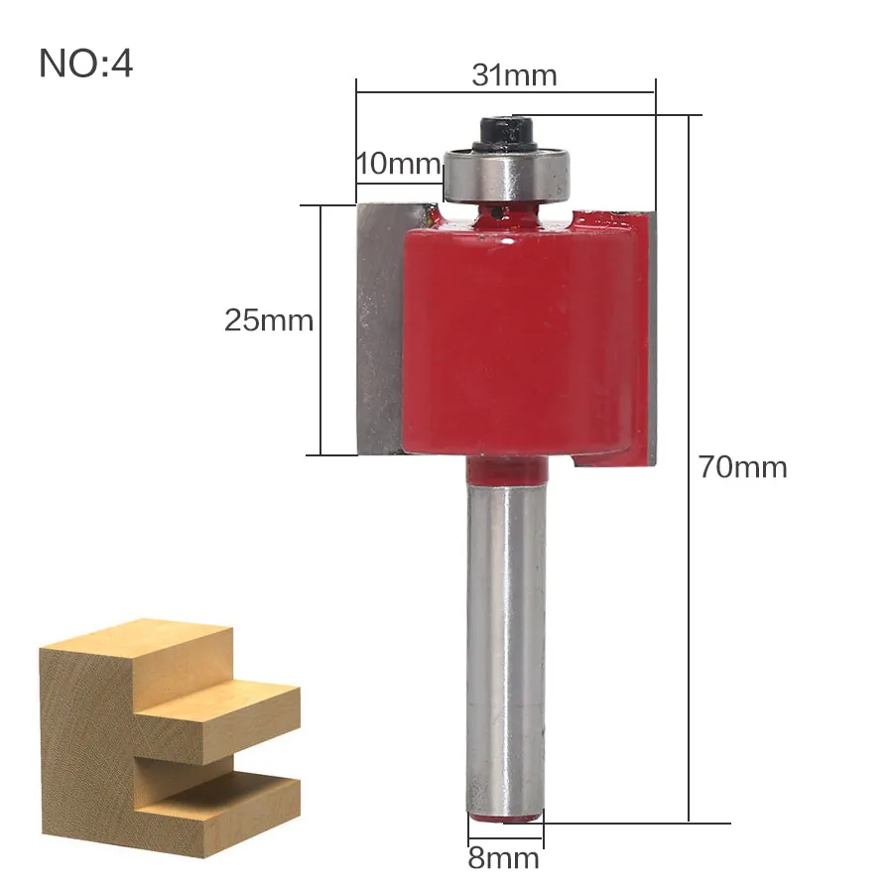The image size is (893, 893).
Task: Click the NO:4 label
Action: [86, 64]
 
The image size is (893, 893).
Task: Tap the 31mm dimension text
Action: [514, 75]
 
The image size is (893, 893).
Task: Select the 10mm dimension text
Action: [399, 164]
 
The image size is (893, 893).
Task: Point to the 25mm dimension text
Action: [269, 320]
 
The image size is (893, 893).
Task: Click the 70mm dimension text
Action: [743, 467]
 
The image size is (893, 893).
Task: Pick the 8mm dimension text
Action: [504, 857]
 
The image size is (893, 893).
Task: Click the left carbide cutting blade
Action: [380, 329]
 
